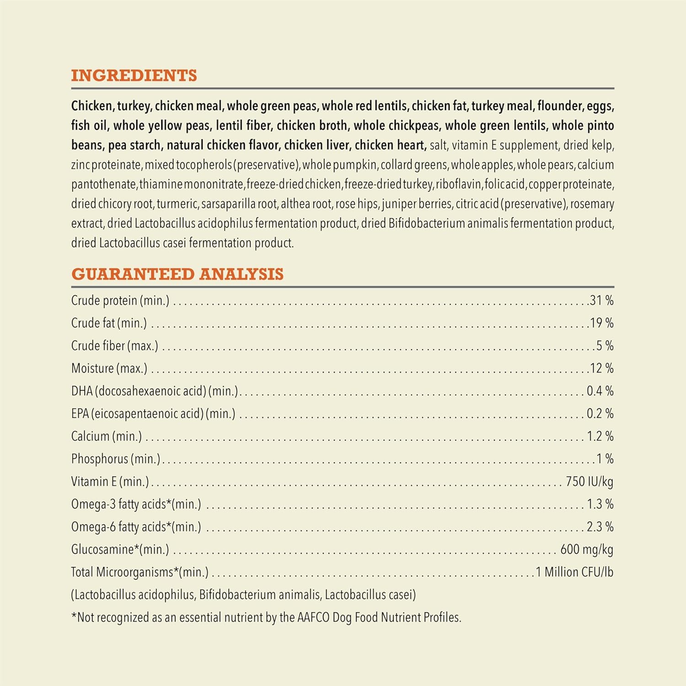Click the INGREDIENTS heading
click(x=134, y=75)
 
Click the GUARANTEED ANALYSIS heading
click(x=177, y=274)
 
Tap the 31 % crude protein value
click(x=601, y=300)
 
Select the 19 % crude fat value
click(x=601, y=323)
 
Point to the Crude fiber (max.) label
click(x=114, y=346)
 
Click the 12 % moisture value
click(x=601, y=368)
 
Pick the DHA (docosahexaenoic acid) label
click(x=155, y=391)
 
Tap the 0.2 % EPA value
click(x=600, y=413)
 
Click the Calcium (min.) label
click(x=106, y=436)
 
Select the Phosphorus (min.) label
click(x=116, y=459)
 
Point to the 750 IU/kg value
click(x=589, y=482)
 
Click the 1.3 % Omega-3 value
click(x=600, y=504)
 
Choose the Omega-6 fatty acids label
click(x=136, y=527)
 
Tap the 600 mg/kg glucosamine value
click(x=587, y=549)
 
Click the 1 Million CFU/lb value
click(x=574, y=572)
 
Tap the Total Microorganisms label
click(x=139, y=572)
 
